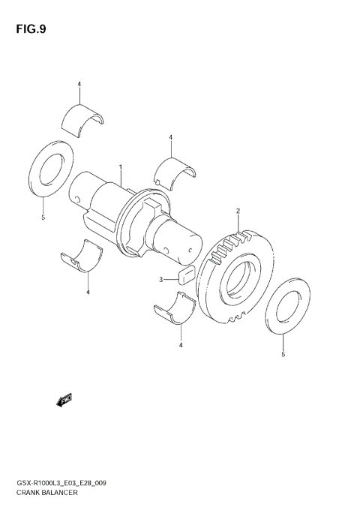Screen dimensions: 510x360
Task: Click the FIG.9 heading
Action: coord(31,31)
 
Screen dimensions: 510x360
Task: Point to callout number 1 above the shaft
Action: coord(120,166)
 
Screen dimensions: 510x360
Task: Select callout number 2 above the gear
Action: coord(238,211)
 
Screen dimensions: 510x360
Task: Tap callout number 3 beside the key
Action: coord(160,280)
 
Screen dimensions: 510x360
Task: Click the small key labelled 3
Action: coord(187,274)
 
